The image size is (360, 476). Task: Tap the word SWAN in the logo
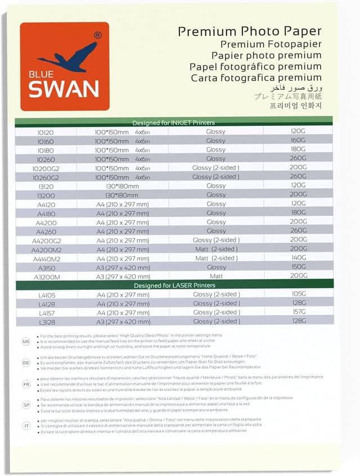[x=64, y=88]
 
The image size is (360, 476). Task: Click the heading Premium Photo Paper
[x=250, y=31]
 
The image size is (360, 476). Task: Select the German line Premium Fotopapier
[x=271, y=44]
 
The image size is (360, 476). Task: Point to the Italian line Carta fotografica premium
[x=256, y=78]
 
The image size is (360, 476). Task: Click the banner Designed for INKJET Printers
[x=173, y=123]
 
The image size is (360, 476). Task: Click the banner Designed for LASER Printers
[x=174, y=285]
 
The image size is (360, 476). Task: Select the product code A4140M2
[x=46, y=259]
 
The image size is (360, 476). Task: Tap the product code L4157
[x=47, y=312]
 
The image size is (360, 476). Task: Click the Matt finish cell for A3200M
[x=216, y=276]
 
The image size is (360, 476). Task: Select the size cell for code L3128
[x=123, y=321]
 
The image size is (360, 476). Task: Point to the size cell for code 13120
[x=122, y=186]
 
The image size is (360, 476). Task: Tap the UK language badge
[x=26, y=341]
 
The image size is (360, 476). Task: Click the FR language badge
[x=26, y=385]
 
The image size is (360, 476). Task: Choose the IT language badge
[x=26, y=426]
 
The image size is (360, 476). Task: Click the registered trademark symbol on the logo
[x=98, y=35]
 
